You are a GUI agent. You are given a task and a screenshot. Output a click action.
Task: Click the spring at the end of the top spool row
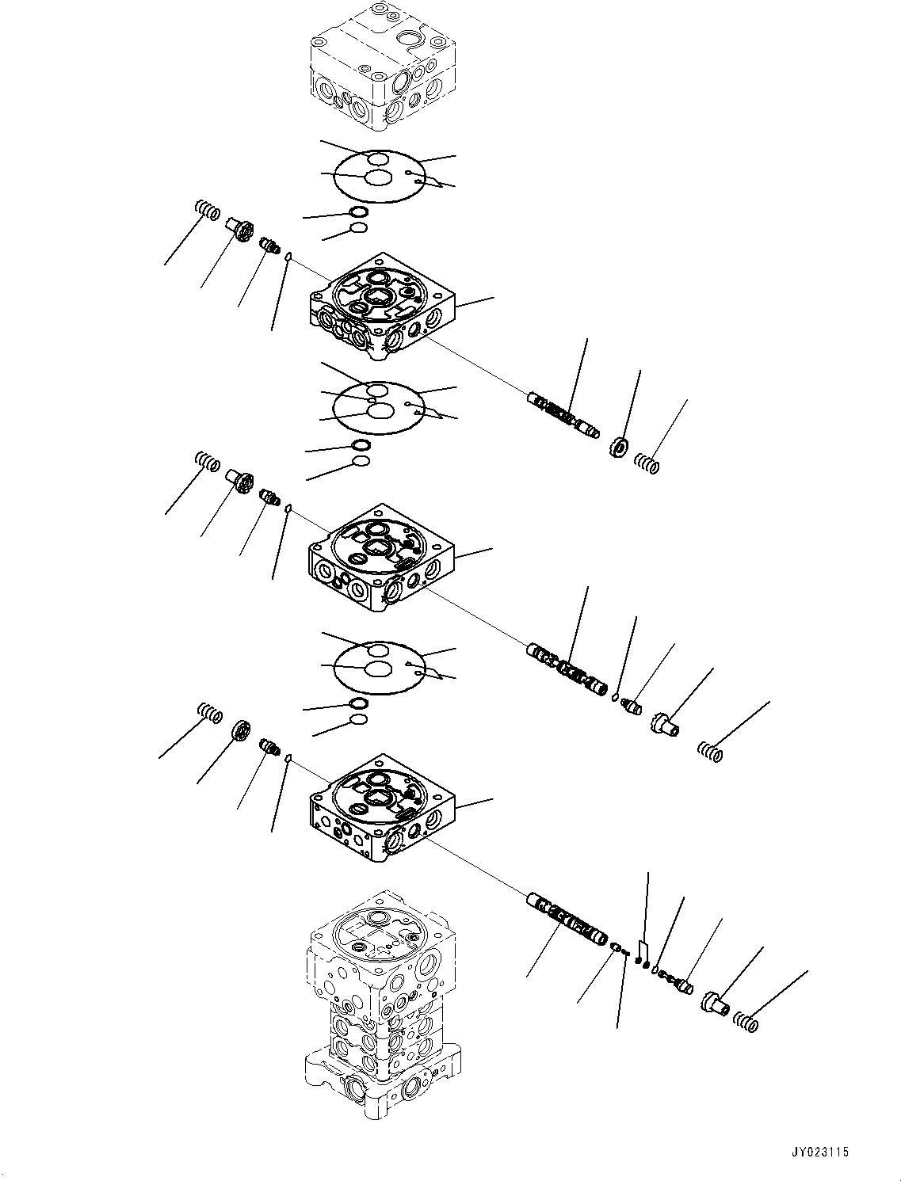point(647,464)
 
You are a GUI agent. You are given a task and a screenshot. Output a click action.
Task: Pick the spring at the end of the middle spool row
point(710,751)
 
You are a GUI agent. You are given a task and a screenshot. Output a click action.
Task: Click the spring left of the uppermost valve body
point(207,211)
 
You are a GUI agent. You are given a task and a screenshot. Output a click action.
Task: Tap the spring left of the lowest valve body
point(209,713)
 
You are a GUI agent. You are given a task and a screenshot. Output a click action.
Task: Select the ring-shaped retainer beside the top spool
point(619,448)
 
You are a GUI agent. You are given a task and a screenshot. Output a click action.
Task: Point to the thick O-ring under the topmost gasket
point(357,212)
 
